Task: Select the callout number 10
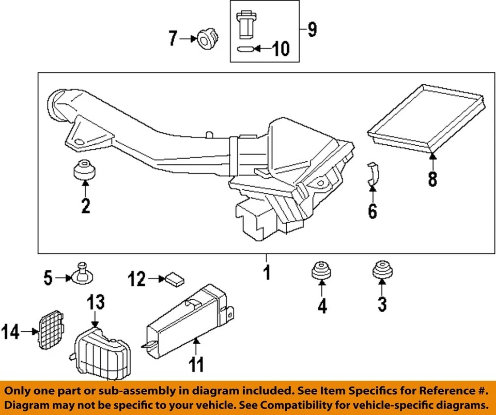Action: pos(281,50)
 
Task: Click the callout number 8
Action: pos(432,178)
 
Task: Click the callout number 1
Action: pos(267,272)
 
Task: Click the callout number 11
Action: pos(195,364)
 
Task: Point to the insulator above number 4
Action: pos(321,271)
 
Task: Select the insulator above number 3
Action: pos(381,270)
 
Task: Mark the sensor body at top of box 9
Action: pos(245,24)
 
